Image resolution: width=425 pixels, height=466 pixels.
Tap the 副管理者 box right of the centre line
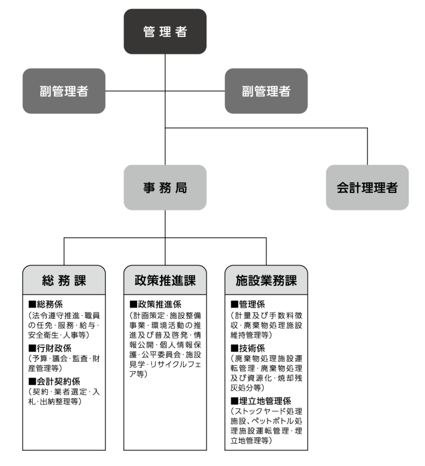[266, 91]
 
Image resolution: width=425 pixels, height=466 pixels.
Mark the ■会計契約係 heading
[55, 381]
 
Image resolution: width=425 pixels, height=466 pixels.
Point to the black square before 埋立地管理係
[234, 400]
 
